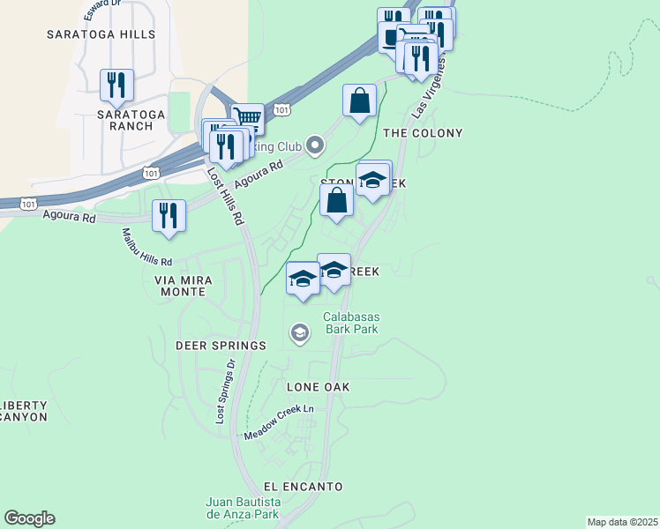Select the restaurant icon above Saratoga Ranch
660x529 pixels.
pos(116,85)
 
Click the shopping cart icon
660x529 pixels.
pos(248,117)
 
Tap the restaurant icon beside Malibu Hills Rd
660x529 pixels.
pos(169,215)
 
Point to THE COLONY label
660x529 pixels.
pos(423,133)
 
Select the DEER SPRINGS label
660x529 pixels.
pos(221,346)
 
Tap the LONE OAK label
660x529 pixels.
pos(319,387)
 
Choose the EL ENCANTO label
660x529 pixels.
pos(303,487)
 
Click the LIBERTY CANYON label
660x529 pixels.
pos(24,411)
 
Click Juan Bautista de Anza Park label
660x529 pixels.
pos(243,508)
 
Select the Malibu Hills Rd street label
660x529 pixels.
pos(147,248)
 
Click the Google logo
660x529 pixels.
pos(29,518)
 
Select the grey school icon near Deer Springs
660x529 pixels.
pos(299,332)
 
